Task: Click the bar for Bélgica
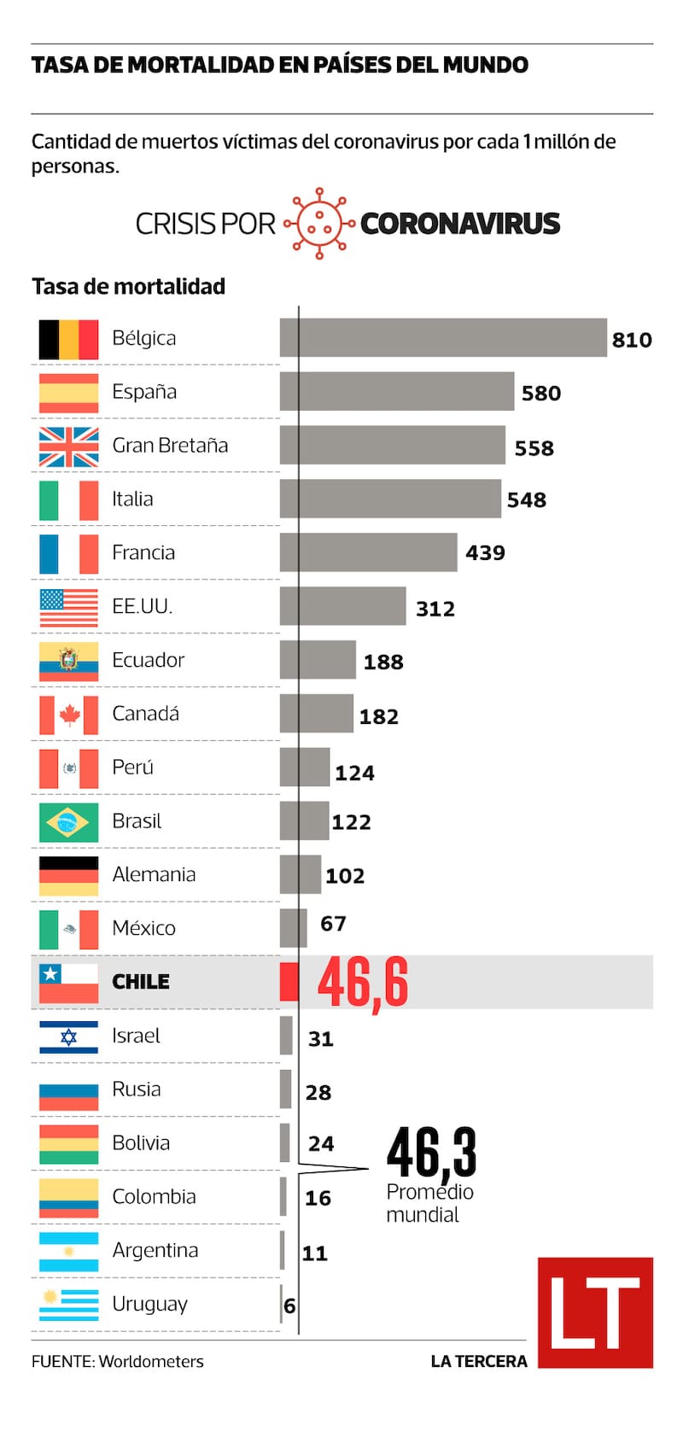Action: (443, 338)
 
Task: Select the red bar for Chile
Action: (289, 982)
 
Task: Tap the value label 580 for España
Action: (541, 394)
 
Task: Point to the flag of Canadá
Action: (68, 715)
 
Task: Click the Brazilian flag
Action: (68, 822)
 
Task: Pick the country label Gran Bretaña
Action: (170, 446)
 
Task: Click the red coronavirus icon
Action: (319, 224)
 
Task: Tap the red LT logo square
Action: (595, 1312)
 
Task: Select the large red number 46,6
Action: (363, 983)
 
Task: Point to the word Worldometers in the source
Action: (151, 1362)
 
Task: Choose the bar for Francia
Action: (369, 552)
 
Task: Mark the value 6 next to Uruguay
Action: (289, 1306)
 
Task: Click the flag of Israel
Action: (68, 1037)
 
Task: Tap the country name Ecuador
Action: (148, 660)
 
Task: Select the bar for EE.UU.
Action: (343, 606)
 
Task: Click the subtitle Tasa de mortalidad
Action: (128, 287)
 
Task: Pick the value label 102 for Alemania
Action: (345, 876)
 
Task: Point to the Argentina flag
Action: (68, 1252)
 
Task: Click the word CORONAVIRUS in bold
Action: (460, 224)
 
